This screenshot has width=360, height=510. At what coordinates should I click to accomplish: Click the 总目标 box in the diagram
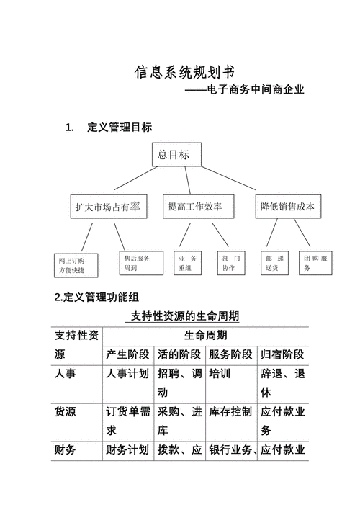(x=176, y=155)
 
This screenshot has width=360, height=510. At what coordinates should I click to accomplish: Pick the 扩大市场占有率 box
(x=109, y=207)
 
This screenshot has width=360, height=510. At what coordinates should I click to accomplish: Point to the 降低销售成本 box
(x=287, y=207)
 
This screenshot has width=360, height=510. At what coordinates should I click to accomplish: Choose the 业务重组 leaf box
(x=189, y=263)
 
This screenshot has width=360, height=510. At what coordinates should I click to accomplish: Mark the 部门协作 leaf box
(x=233, y=263)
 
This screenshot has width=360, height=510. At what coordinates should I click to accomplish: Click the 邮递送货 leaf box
(x=275, y=263)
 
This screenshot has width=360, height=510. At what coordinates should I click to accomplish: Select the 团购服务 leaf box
(x=315, y=263)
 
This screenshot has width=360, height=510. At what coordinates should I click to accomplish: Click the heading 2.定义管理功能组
(x=97, y=297)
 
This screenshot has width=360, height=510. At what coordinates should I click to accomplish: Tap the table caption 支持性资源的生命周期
(x=184, y=316)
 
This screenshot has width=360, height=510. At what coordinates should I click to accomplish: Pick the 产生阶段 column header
(x=127, y=354)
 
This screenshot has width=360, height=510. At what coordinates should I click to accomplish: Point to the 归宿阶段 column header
(x=282, y=354)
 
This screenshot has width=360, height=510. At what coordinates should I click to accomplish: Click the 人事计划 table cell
(x=127, y=374)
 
